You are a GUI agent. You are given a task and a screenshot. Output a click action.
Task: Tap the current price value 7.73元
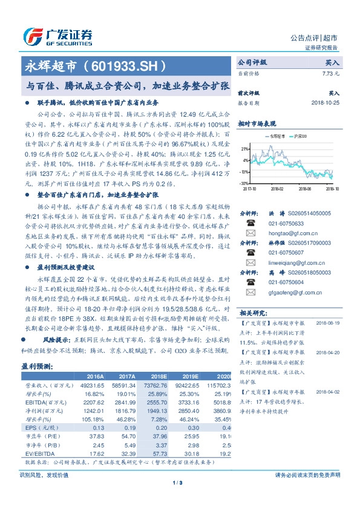(332, 73)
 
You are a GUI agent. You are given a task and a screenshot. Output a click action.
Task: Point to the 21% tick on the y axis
(244, 148)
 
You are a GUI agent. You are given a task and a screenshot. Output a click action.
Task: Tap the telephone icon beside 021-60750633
(249, 222)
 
